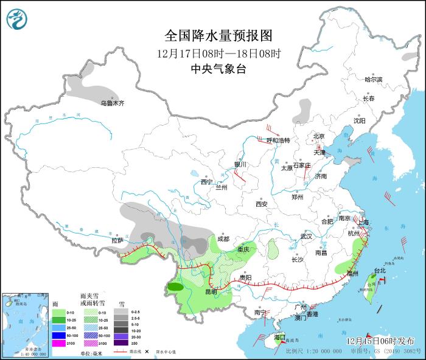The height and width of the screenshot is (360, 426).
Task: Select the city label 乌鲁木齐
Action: pyautogui.click(x=113, y=103)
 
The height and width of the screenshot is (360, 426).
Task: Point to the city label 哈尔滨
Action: pyautogui.click(x=373, y=80)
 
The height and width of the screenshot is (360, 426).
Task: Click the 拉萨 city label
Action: pyautogui.click(x=117, y=241)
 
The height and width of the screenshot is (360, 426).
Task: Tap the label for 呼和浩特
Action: pyautogui.click(x=278, y=140)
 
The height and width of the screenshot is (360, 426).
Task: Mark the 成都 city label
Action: pyautogui.click(x=223, y=239)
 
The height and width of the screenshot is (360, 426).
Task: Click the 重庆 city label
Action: pyautogui.click(x=243, y=249)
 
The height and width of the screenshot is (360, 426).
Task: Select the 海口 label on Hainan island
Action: pyautogui.click(x=279, y=336)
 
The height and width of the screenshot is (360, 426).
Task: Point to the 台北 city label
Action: pyautogui.click(x=379, y=270)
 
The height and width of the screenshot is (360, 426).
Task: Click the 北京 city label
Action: pyautogui.click(x=319, y=136)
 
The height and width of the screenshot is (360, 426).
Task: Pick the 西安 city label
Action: pyautogui.click(x=262, y=204)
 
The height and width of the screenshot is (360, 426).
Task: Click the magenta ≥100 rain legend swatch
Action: pyautogui.click(x=58, y=343)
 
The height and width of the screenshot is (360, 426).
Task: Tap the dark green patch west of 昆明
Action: pyautogui.click(x=175, y=286)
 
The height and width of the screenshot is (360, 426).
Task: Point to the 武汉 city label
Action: pyautogui.click(x=306, y=236)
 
